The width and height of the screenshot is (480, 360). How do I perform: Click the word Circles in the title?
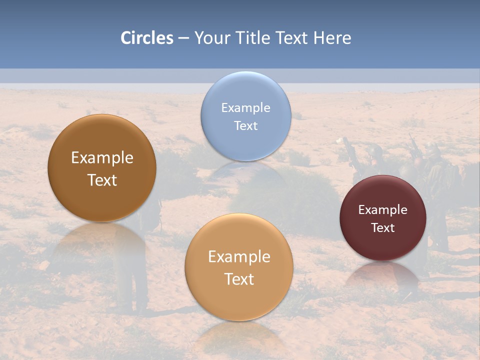click(x=147, y=38)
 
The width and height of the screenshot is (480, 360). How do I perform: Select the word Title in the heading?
click(x=255, y=38)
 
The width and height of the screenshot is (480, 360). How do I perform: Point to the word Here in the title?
click(x=332, y=38)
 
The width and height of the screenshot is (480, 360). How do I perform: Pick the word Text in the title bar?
click(x=292, y=38)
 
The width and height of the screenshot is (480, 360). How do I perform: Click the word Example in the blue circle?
click(x=245, y=107)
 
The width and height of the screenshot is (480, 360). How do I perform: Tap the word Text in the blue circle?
click(x=245, y=125)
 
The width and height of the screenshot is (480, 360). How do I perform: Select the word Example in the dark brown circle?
click(x=102, y=158)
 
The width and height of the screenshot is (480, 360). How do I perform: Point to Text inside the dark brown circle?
click(x=102, y=180)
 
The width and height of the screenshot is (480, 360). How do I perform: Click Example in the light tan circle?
click(x=239, y=257)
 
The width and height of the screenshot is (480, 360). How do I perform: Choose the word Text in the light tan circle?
click(x=239, y=279)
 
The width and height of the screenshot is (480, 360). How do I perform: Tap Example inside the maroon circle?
click(x=382, y=210)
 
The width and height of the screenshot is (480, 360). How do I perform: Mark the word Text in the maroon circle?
click(x=383, y=228)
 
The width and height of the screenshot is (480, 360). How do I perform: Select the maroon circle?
click(x=382, y=245)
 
